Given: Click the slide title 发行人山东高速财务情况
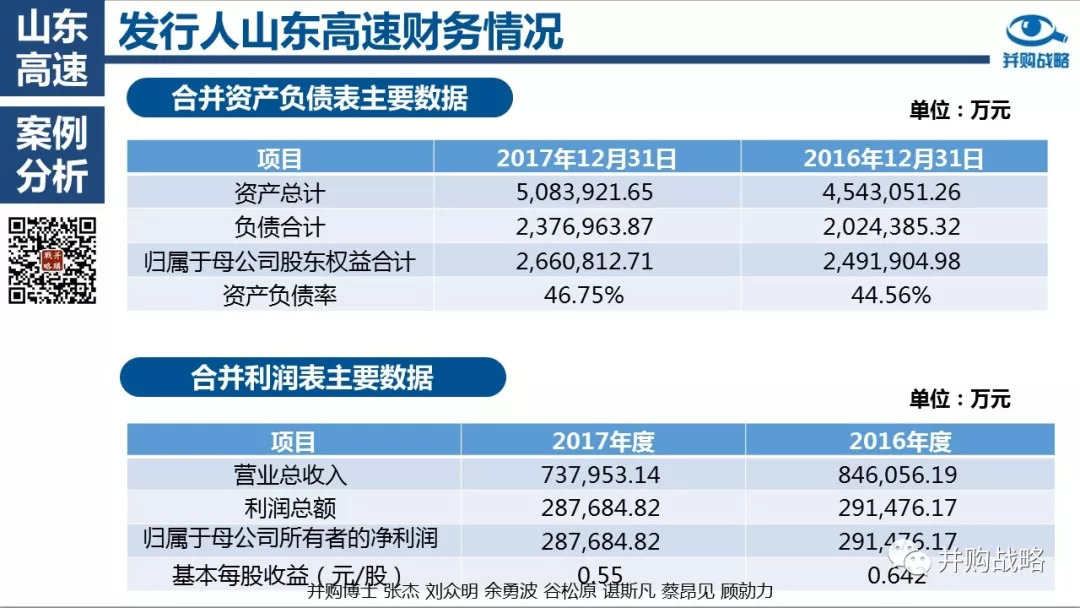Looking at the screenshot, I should (x=340, y=32).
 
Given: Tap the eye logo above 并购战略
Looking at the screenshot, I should (x=1036, y=31).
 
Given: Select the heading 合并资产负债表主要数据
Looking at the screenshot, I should (x=319, y=98).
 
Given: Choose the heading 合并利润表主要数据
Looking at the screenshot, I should (x=312, y=377).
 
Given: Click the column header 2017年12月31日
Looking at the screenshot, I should (x=587, y=158).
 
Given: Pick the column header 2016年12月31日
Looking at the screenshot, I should (x=894, y=158).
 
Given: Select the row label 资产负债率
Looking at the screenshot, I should (x=280, y=295).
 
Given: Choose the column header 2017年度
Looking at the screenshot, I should (x=602, y=441).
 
